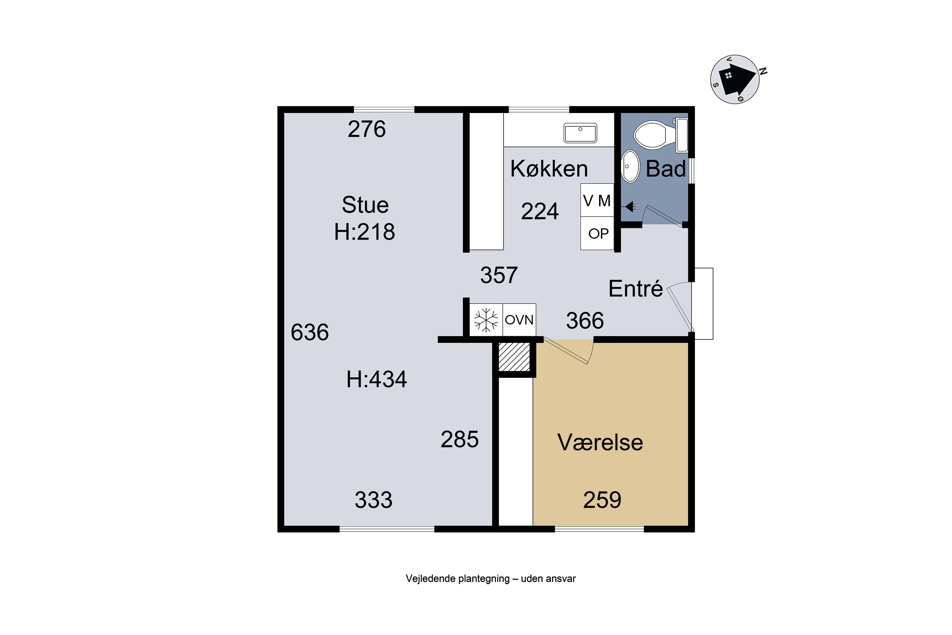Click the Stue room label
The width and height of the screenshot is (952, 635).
(365, 205)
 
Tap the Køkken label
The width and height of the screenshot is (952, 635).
(549, 169)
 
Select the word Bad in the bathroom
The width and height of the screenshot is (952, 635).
(666, 169)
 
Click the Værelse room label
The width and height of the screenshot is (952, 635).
(600, 442)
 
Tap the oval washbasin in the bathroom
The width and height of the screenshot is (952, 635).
(630, 166)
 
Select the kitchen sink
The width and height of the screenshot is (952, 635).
(580, 133)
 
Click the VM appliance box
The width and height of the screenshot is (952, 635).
(597, 200)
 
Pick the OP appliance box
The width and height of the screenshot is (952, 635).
(597, 233)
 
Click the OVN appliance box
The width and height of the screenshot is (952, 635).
(519, 319)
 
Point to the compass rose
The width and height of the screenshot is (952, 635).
(735, 80)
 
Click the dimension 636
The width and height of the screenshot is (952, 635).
(310, 332)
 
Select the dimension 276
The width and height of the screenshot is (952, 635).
(367, 129)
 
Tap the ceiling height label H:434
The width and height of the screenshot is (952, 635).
(376, 379)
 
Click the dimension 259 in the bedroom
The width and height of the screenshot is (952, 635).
(602, 500)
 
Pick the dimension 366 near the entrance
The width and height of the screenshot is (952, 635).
(585, 321)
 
